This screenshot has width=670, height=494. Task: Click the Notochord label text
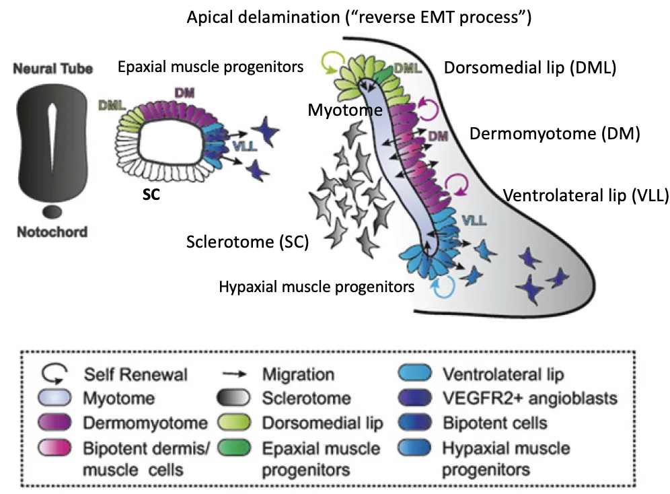(52, 232)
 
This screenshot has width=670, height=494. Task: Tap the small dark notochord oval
(52, 211)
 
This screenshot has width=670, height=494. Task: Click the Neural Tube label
(52, 69)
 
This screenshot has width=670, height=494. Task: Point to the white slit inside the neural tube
(52, 137)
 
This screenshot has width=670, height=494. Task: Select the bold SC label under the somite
(151, 195)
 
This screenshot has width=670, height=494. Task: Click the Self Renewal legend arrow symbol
(54, 373)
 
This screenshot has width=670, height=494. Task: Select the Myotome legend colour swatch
(54, 398)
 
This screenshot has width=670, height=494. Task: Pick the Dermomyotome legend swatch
(54, 423)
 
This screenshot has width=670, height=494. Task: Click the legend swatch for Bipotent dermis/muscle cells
(54, 448)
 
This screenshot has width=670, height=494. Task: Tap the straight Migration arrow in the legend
(235, 374)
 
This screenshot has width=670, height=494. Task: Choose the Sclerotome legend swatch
(233, 398)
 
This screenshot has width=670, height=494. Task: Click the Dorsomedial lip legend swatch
(233, 423)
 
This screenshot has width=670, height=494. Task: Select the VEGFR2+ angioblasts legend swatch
(414, 398)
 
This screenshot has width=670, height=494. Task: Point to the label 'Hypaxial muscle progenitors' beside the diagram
(317, 286)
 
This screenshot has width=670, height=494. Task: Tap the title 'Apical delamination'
(263, 17)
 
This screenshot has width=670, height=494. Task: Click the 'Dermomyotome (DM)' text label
(554, 133)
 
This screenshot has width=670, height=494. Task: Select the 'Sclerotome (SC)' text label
(248, 242)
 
